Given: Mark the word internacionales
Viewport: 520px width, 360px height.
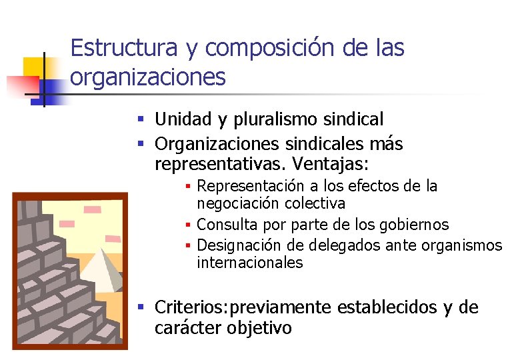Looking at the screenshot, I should (x=250, y=263).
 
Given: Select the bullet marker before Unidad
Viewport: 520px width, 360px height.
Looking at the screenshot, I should (x=141, y=120).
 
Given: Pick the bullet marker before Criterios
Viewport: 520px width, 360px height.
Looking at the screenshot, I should (x=141, y=307).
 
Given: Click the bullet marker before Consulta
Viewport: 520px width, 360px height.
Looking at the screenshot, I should (x=189, y=225).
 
